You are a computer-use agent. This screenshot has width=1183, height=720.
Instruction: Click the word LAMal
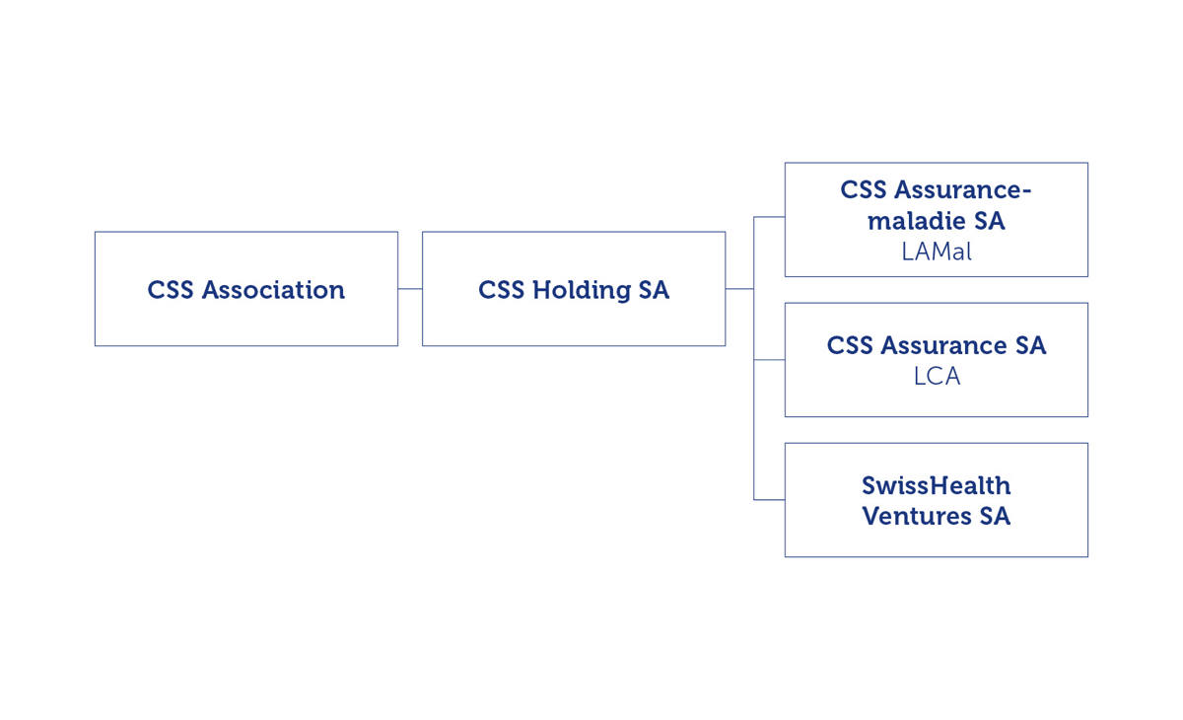click(936, 252)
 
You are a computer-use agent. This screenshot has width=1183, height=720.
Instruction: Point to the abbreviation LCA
click(936, 377)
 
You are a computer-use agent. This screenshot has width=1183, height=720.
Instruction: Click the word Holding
click(580, 290)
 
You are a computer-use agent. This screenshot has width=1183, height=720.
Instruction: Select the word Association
click(273, 290)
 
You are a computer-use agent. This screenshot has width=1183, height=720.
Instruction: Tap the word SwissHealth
click(936, 485)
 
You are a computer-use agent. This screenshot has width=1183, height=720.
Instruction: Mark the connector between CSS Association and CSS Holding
click(410, 289)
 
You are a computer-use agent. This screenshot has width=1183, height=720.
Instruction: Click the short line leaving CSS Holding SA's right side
click(739, 289)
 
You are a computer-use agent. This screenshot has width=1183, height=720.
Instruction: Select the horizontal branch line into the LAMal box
click(769, 217)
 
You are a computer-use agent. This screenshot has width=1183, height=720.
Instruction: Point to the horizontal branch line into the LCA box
click(769, 360)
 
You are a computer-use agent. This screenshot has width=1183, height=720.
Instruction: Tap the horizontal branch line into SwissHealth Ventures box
click(769, 500)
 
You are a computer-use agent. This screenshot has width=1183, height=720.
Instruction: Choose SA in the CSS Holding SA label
click(653, 290)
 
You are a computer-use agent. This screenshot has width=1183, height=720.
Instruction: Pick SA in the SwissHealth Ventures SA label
click(994, 516)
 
